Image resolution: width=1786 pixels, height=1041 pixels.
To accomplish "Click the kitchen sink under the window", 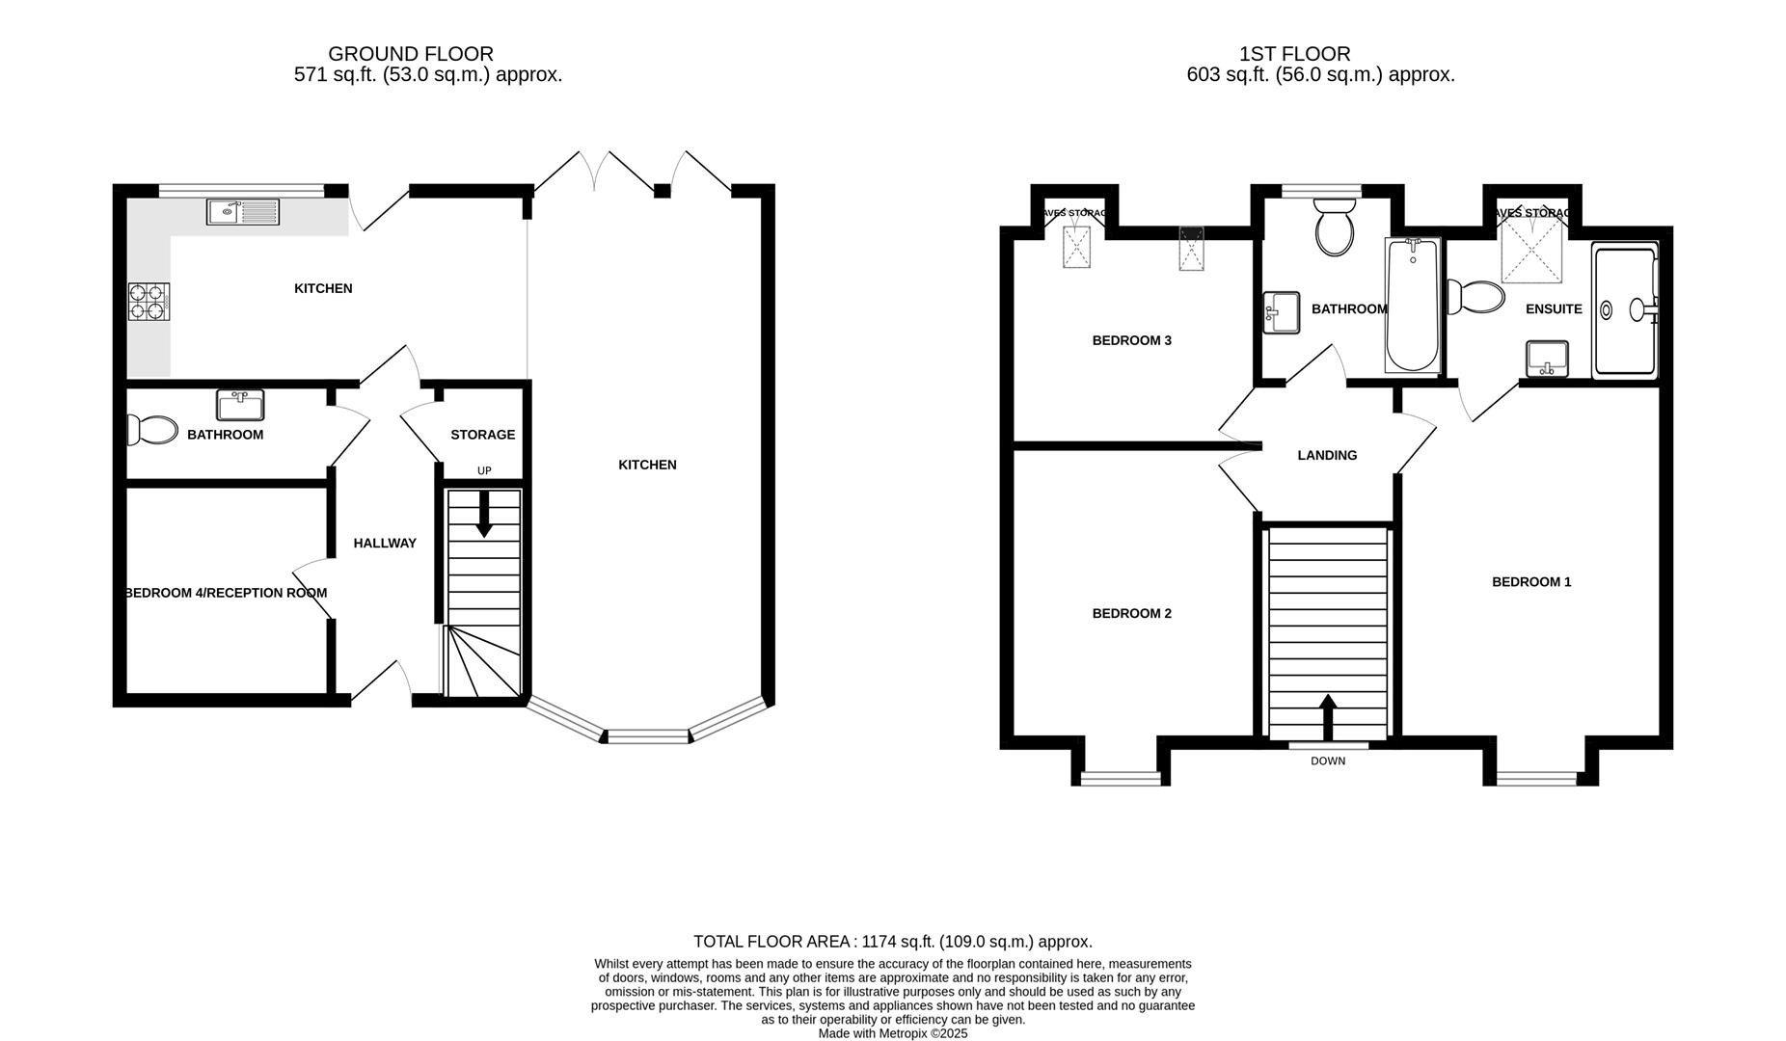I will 242,211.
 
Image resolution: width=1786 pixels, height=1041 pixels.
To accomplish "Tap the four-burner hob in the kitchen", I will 149,302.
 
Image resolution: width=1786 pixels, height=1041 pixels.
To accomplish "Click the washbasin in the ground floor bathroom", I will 240,405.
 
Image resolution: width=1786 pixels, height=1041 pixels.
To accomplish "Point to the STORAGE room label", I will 482,435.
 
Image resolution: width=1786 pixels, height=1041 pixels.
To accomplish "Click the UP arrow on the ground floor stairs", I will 484,514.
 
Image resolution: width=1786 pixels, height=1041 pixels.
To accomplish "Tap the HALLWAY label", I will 385,543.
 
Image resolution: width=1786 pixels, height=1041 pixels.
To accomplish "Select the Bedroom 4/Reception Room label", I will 226,593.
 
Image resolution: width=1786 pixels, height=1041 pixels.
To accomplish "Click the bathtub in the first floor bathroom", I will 1412,305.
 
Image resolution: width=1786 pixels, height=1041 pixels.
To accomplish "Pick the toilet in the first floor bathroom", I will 1335,227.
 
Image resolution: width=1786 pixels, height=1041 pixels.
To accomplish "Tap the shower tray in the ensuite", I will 1625,310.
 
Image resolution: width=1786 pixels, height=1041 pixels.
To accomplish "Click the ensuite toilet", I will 1475,297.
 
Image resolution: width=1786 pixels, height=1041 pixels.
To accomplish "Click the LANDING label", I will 1327,455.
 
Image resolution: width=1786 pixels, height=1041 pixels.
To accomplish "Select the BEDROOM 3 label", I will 1131,340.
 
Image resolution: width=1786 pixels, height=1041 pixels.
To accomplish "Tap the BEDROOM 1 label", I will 1531,581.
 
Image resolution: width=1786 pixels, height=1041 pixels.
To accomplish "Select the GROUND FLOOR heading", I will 411,54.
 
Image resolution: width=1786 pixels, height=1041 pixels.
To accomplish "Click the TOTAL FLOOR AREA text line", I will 892,942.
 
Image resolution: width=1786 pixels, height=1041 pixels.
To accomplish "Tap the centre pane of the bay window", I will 648,737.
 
